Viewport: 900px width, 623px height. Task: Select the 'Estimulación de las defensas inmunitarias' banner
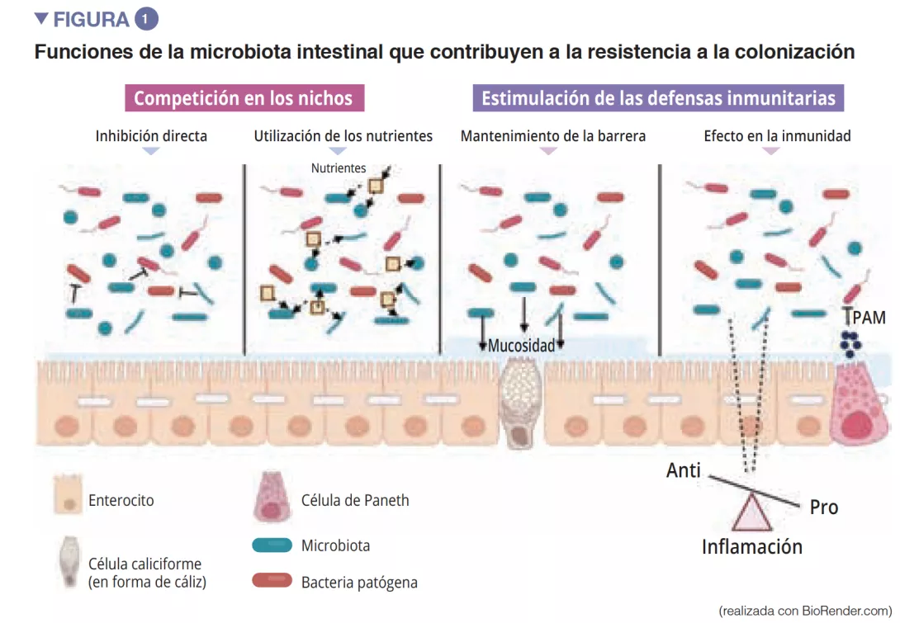tap(658, 98)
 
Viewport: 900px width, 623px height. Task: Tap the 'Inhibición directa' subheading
tap(151, 135)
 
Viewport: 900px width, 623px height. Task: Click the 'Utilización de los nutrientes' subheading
tap(343, 135)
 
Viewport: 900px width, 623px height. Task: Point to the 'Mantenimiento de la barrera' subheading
tap(552, 135)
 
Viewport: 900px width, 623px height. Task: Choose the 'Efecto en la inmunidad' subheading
tap(777, 135)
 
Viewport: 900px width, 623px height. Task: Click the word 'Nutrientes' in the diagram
tap(339, 168)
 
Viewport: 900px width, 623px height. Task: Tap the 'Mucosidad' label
tap(521, 345)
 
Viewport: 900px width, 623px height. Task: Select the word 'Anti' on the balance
tap(684, 470)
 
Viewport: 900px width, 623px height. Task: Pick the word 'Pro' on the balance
tap(823, 507)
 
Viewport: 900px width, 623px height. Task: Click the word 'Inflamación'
tap(751, 546)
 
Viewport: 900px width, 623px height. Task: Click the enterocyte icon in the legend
tap(68, 494)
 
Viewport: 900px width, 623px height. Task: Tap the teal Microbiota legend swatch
tap(272, 545)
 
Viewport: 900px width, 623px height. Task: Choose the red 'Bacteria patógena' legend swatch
tap(272, 581)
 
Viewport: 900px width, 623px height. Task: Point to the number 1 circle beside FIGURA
tap(145, 19)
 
